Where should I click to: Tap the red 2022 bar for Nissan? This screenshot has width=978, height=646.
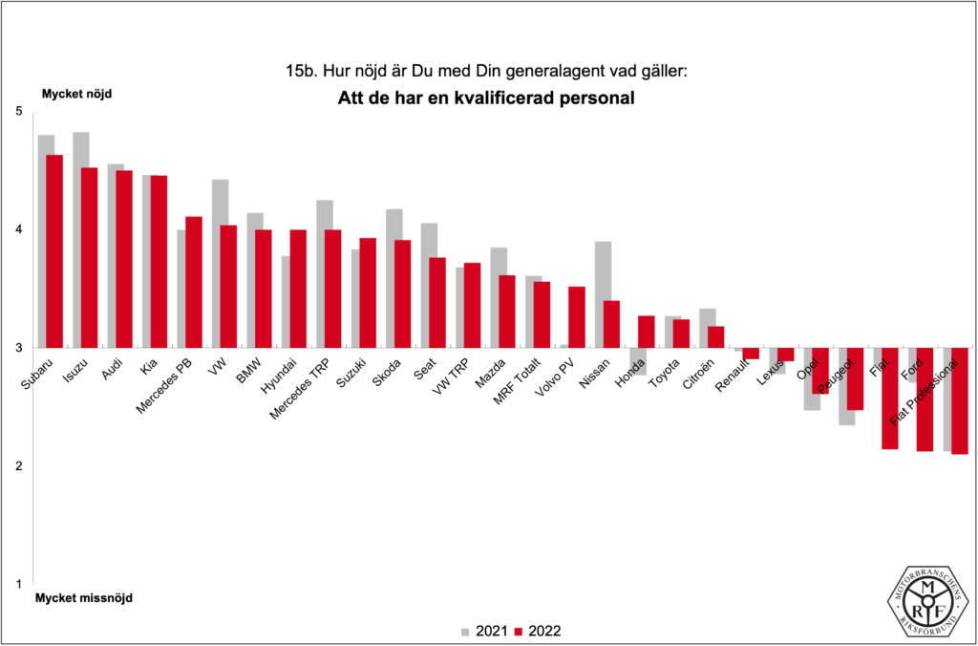point(611,324)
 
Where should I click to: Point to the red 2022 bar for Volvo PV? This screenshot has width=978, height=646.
point(576,316)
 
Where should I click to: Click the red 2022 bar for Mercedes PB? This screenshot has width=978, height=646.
point(193,282)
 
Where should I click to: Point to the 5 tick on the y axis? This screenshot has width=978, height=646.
point(18,112)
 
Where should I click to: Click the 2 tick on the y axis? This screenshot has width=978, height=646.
point(18,466)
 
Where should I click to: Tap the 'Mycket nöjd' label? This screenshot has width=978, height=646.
point(76,95)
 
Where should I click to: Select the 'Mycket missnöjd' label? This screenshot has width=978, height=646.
point(85,599)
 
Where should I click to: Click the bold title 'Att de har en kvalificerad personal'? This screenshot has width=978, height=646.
point(487,98)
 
